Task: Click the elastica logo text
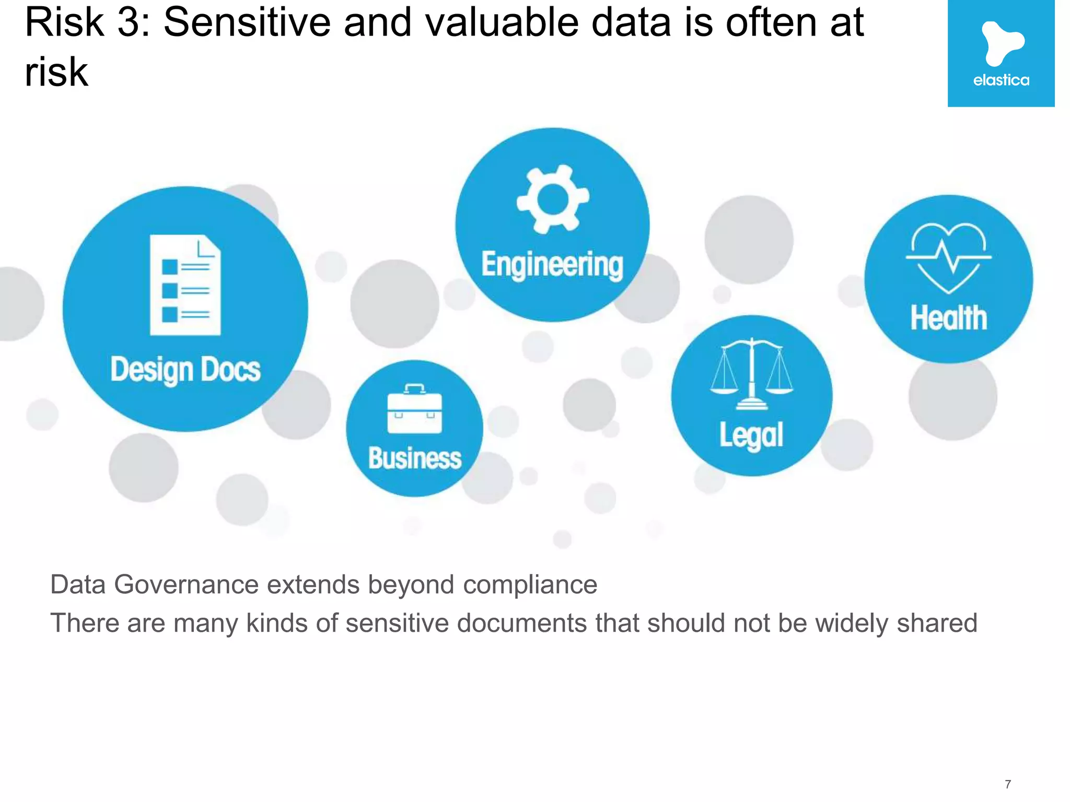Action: pos(1001,80)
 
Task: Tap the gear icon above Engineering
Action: pos(553,198)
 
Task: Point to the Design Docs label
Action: pos(185,370)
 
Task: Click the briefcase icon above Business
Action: pos(414,409)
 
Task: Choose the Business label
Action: pos(415,458)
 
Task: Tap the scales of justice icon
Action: pos(751,374)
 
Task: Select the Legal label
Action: pos(751,435)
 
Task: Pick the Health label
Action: pos(949,317)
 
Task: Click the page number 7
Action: pos(1008,784)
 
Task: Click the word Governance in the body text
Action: pos(186,584)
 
